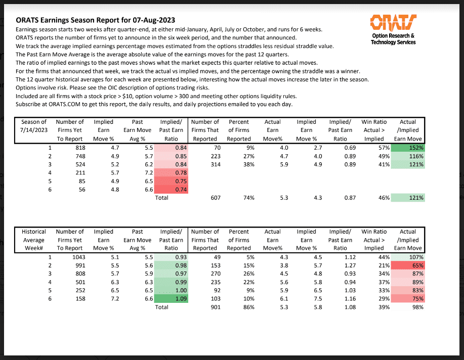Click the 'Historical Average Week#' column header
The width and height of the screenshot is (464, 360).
pos(33,240)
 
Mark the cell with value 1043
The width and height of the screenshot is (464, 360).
pos(74,257)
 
